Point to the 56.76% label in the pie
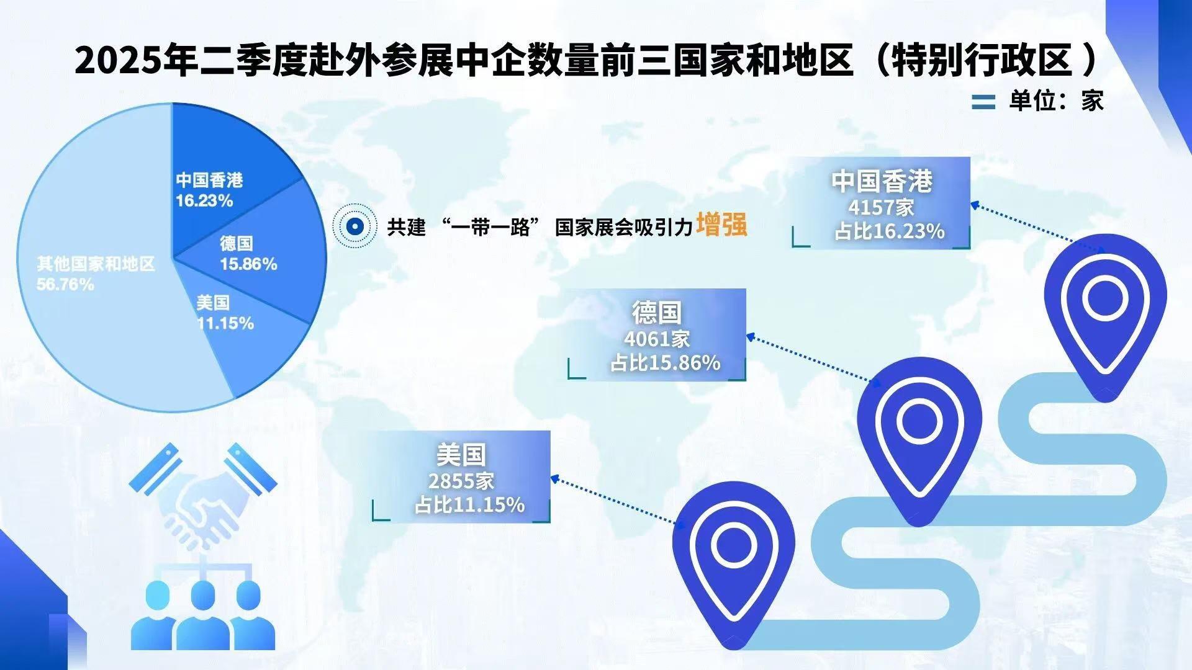[66, 285]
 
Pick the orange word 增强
[721, 225]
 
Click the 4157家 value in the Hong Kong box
[881, 207]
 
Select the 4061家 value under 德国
[657, 339]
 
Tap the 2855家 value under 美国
[461, 481]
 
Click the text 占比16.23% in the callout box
[889, 231]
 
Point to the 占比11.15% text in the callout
[470, 505]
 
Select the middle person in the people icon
[203, 614]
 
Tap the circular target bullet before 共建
[354, 226]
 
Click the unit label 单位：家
[1056, 100]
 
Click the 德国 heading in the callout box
[657, 313]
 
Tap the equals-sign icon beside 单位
[983, 102]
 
